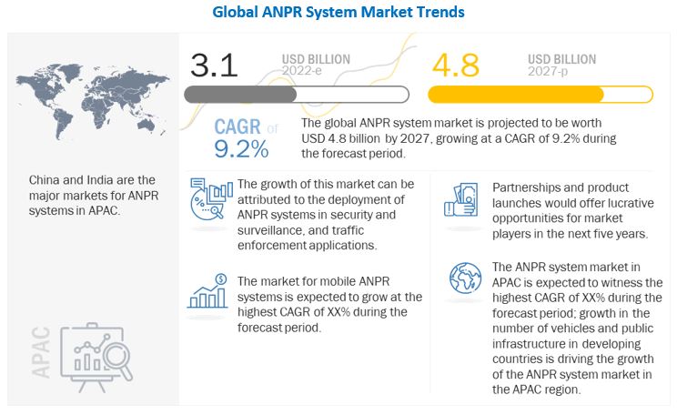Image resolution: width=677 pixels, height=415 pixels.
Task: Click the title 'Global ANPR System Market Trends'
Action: [338, 13]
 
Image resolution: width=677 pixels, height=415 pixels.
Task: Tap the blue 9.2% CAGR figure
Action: [241, 148]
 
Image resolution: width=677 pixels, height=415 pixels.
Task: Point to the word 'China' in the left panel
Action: [46, 180]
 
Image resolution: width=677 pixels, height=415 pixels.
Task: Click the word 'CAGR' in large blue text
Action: [239, 128]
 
